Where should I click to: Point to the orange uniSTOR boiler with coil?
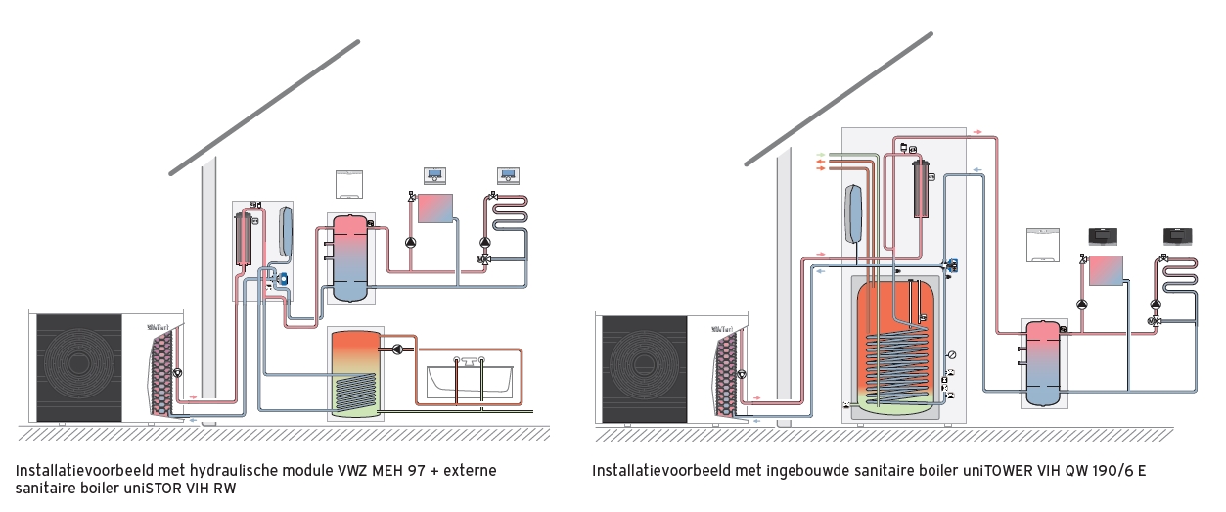(x=355, y=373)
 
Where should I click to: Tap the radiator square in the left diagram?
(x=435, y=208)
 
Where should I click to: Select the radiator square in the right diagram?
(x=1107, y=269)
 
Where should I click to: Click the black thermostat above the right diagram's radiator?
(x=1106, y=236)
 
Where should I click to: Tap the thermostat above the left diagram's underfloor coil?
(x=510, y=177)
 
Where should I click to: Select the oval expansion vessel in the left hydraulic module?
(x=285, y=231)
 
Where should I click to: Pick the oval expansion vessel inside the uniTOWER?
(x=853, y=214)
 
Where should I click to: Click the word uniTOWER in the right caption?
(x=945, y=471)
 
